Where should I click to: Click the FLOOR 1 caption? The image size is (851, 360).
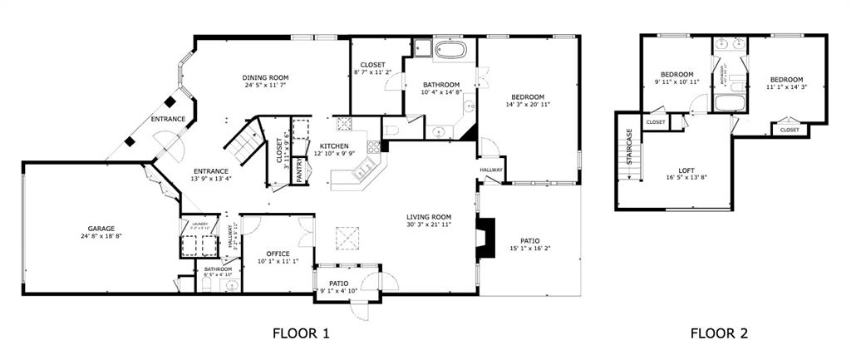point(301,334)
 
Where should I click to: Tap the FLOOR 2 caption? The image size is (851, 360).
point(719,334)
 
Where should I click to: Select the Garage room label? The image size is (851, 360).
point(101,229)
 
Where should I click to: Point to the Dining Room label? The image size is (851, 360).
point(272,77)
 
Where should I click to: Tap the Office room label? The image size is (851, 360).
point(278,254)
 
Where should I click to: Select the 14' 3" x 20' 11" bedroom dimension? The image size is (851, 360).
point(528,105)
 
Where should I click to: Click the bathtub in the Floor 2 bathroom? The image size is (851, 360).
point(730,105)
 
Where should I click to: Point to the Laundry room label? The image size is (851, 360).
point(199,223)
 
